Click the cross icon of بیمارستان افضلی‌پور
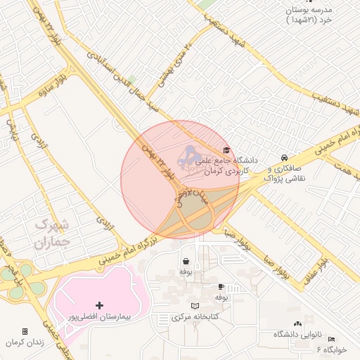(99, 305)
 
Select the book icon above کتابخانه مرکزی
(195, 307)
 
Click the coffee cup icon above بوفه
(221, 287)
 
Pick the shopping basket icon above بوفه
(186, 261)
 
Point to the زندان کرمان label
(25, 342)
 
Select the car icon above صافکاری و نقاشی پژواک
(283, 158)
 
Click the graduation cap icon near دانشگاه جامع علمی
(226, 150)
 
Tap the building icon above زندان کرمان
(25, 331)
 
